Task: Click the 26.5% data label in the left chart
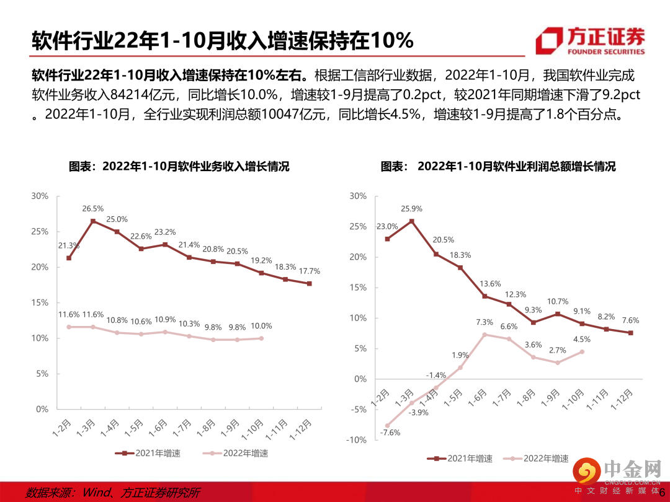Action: coord(93,208)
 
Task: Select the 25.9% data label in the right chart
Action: coord(411,208)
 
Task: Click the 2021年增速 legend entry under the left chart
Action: coord(149,453)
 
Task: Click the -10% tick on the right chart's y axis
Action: coord(358,439)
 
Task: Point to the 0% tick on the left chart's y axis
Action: coord(41,409)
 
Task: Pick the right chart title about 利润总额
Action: coord(498,166)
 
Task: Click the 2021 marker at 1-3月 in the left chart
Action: coord(93,221)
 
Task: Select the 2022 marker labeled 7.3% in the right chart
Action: coord(485,335)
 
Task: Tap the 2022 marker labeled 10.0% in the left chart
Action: coord(261,338)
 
